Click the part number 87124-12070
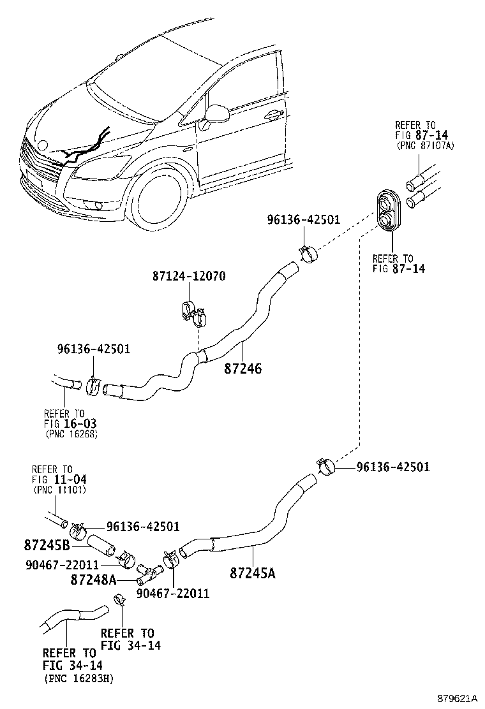pos(189,276)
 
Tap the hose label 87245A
pos(253,573)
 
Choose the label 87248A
pos(93,580)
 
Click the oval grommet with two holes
pos(387,211)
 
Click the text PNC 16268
pos(71,434)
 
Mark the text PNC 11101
pos(59,490)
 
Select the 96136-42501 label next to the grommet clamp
pos(304,220)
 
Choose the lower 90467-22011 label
pos(173,594)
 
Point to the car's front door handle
pos(272,115)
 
